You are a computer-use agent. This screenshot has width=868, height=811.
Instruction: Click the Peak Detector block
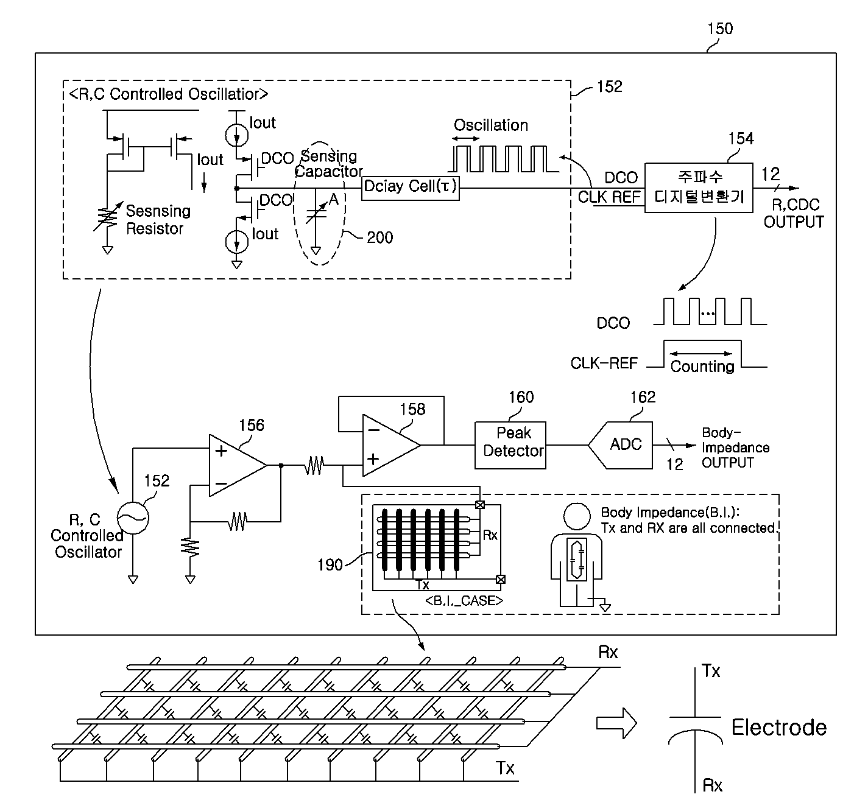(x=510, y=445)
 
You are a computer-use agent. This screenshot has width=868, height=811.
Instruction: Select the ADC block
(x=621, y=445)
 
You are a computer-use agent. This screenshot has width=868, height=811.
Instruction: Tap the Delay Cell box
(x=411, y=188)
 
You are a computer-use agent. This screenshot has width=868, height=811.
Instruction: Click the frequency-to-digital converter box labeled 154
(x=699, y=188)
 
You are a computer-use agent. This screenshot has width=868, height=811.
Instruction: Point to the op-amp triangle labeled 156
(x=238, y=465)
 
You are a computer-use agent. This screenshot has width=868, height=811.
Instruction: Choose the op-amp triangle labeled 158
(x=391, y=445)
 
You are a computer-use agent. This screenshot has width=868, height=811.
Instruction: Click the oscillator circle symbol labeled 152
(x=133, y=518)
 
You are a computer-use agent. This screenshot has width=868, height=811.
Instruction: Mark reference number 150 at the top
(x=720, y=29)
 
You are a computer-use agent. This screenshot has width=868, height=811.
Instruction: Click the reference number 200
(x=379, y=237)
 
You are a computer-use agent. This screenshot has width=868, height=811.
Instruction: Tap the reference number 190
(x=330, y=565)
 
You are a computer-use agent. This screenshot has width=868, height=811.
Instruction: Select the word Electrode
(x=779, y=728)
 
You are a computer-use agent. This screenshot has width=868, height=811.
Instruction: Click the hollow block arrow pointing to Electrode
(x=616, y=723)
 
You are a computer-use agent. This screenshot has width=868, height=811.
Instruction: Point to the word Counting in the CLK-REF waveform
(x=702, y=366)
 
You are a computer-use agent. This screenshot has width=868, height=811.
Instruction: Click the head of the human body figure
(x=577, y=516)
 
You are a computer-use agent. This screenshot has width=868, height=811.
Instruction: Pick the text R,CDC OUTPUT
(x=793, y=213)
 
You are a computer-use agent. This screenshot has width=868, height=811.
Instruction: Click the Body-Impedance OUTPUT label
(x=736, y=448)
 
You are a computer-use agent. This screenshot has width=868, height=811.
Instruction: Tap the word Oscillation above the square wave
(x=491, y=125)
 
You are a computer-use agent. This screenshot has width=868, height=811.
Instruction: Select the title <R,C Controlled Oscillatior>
(x=169, y=94)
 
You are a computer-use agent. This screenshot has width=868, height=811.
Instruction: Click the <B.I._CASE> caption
(x=464, y=601)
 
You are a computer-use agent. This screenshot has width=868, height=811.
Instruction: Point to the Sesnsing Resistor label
(x=158, y=220)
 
